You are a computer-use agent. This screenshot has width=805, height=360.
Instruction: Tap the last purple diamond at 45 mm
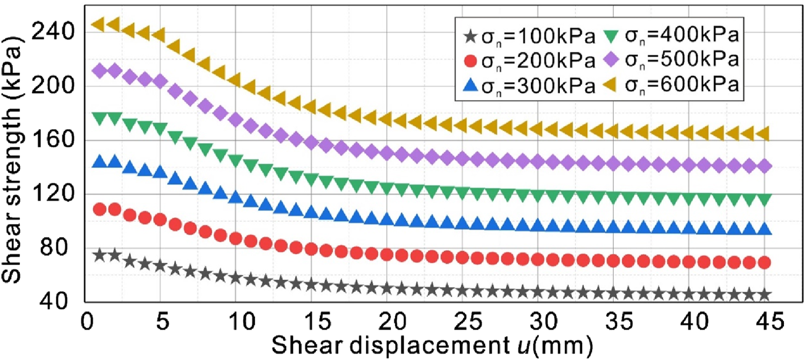pos(764,166)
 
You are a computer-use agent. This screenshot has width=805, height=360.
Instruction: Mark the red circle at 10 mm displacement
pos(236,238)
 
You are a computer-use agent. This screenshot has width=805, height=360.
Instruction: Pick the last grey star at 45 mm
pos(764,295)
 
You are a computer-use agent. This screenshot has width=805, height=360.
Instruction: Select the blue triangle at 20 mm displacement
pos(386,219)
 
